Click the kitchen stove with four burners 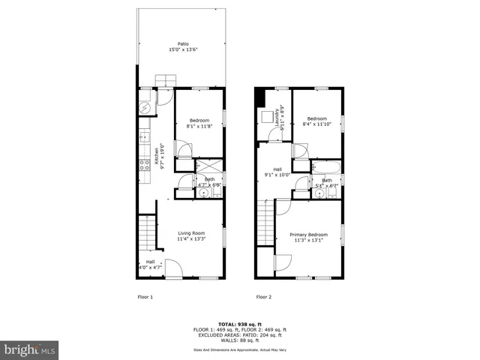pos(143,166)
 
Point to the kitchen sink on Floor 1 pos(142,137)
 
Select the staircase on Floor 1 pos(147,232)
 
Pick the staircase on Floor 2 pos(265,226)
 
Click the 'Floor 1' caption pos(145,297)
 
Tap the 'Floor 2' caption pos(263,297)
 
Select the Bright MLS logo pos(29,349)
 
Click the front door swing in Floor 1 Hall pos(173,268)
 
